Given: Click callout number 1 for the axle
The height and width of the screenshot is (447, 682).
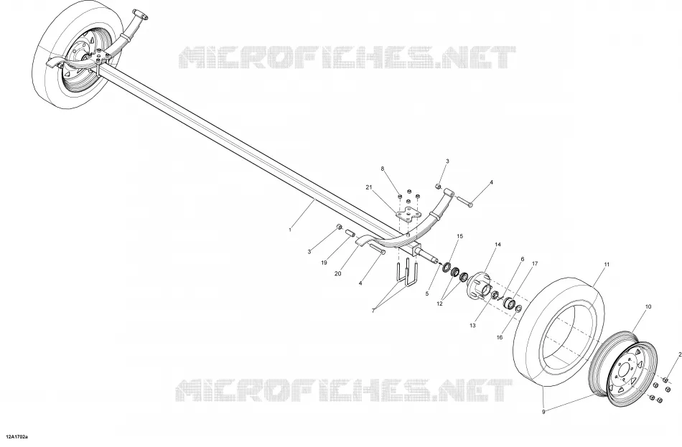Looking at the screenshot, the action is (290, 230).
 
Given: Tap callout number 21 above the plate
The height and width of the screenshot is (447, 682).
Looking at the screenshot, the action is (369, 187).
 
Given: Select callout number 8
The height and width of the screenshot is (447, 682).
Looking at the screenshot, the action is (383, 169).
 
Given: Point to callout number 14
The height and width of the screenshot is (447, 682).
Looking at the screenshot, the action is (498, 245).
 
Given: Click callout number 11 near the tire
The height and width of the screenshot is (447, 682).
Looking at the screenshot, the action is (607, 264).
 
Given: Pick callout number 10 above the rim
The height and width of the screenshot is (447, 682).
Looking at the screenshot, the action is (648, 306).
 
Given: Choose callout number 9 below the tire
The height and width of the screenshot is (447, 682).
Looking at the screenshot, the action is (543, 412).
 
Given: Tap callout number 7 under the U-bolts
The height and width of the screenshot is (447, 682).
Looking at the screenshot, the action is (373, 310).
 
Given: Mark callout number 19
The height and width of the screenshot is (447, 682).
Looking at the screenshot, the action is (324, 263).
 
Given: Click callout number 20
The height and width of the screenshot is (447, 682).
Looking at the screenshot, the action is (338, 273).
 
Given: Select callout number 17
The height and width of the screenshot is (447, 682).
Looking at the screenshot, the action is (535, 263).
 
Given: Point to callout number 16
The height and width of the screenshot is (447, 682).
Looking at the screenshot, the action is (500, 337).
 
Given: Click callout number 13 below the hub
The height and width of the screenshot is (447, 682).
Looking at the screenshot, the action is (473, 325).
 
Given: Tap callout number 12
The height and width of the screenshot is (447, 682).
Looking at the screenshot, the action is (440, 304).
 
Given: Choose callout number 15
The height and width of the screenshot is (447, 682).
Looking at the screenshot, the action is (459, 236).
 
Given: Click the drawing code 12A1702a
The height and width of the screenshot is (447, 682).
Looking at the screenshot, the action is (17, 436).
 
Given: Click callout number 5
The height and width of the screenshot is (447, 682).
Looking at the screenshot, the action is (426, 293).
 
